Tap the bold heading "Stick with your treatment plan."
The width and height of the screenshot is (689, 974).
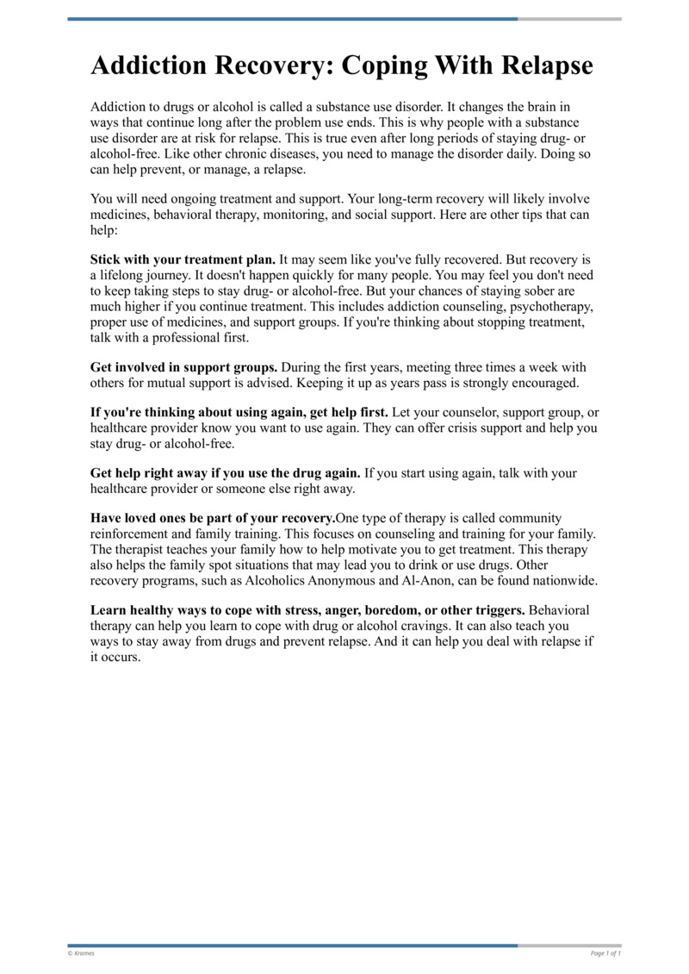click(183, 259)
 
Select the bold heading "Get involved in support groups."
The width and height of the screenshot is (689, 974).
click(184, 366)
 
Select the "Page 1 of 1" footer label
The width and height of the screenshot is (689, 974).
click(605, 953)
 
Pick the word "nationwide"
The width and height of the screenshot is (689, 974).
click(562, 580)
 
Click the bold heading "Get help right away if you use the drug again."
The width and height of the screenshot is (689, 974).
click(226, 473)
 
